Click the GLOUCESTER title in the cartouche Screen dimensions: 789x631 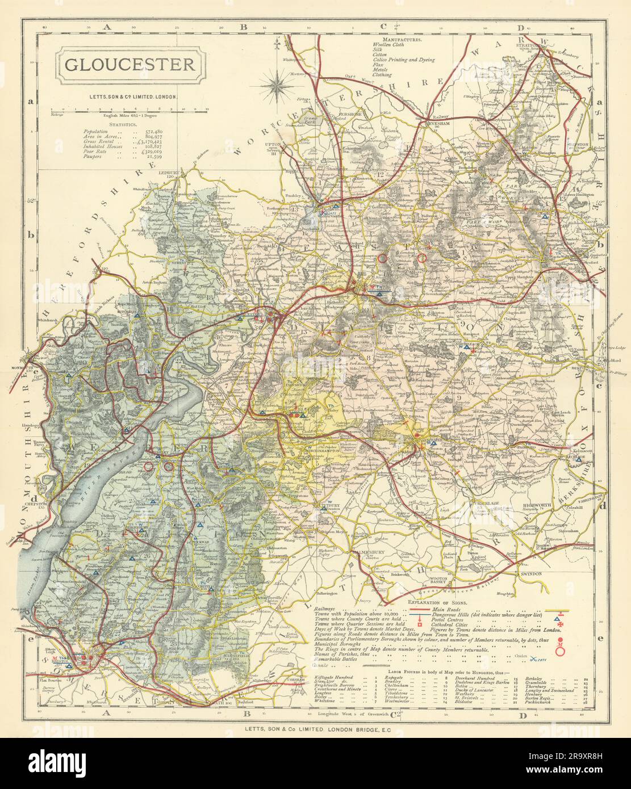click(129, 64)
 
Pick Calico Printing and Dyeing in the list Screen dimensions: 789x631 click(404, 59)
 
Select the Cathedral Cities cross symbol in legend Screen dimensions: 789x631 click(559, 624)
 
